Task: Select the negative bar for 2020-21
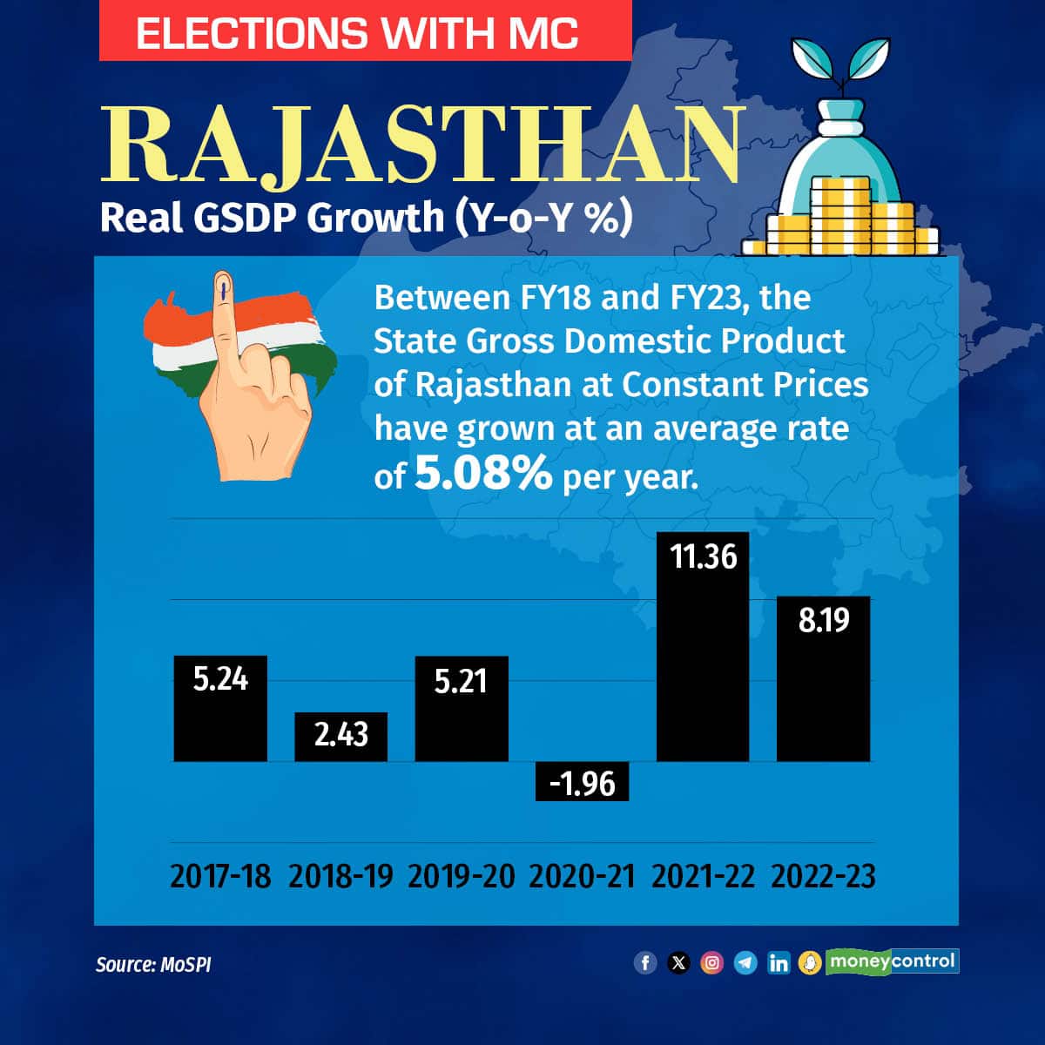point(582,781)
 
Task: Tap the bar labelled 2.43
point(340,737)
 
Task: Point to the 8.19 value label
point(823,621)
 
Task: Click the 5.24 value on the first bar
point(220,678)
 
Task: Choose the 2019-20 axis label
point(461,876)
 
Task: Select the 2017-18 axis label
point(220,876)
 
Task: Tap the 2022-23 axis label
point(823,876)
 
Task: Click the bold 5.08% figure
point(483,474)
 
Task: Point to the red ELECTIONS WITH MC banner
point(365,33)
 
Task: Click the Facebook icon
point(645,962)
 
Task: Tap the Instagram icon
point(711,962)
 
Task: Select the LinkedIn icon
point(778,962)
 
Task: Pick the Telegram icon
point(745,962)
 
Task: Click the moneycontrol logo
point(892,961)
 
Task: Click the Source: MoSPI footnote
point(153,964)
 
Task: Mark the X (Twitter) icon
point(678,962)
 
